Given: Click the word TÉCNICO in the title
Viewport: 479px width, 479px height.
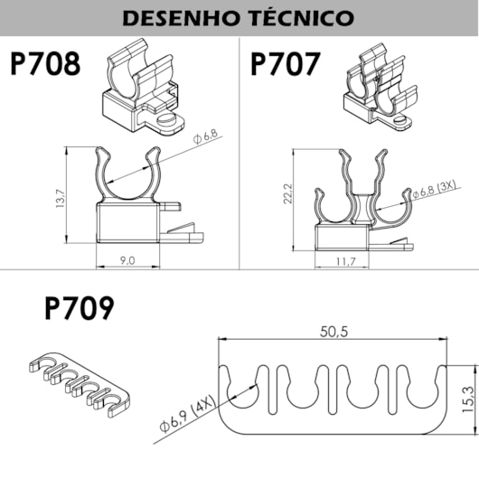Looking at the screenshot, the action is tap(303, 17).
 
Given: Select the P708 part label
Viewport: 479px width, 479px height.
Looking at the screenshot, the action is tap(45, 64).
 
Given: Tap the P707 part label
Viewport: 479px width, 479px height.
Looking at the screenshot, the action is tap(286, 64).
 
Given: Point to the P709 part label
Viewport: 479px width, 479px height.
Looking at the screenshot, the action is tap(80, 308).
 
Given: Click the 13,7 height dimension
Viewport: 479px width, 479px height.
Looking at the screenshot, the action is tap(61, 199).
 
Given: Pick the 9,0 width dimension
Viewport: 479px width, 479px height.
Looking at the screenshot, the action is tap(127, 260).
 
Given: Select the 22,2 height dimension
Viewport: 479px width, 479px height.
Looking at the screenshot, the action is tap(288, 193).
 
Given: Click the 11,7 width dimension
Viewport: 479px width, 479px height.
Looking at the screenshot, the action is tap(346, 262).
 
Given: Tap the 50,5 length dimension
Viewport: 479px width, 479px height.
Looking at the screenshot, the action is tap(333, 332).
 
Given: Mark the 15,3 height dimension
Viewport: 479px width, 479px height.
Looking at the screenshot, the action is tap(468, 399).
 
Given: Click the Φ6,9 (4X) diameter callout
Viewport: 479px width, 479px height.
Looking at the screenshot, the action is tap(188, 414).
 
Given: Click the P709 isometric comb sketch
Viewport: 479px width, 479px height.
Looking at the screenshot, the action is tap(80, 384).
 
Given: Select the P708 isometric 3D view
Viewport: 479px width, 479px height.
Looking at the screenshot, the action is tap(144, 86).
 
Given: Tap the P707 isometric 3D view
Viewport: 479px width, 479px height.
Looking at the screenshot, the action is tap(380, 88).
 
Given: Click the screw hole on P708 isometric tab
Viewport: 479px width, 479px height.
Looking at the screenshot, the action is tap(167, 119).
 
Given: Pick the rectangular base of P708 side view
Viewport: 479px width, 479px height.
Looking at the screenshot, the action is tap(128, 223).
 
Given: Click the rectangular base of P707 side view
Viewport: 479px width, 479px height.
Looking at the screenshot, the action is tap(342, 238).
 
